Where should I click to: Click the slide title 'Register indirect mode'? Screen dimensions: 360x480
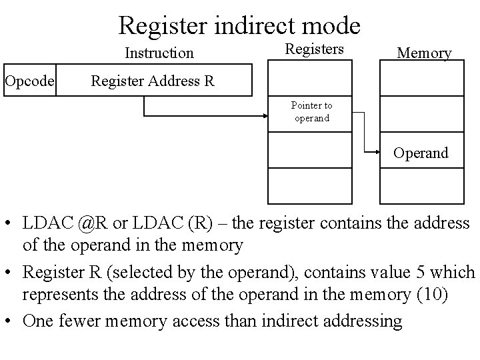[x=239, y=25]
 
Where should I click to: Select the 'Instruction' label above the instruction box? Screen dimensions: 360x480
[x=159, y=53]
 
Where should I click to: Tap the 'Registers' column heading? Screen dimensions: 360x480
[x=314, y=49]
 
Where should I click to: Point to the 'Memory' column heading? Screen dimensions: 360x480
[x=424, y=53]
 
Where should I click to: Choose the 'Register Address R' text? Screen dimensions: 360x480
[x=153, y=81]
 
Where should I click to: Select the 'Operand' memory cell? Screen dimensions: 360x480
[x=421, y=153]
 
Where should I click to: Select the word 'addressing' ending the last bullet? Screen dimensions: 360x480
[x=364, y=321]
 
